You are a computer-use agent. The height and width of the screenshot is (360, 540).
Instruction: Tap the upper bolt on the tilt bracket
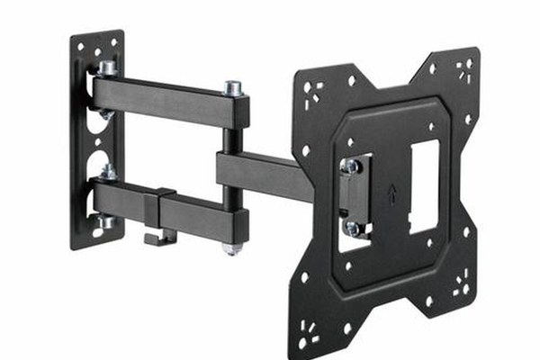350,166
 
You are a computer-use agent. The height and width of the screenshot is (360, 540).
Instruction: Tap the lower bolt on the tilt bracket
351,227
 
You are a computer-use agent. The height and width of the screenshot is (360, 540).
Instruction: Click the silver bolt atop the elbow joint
232,88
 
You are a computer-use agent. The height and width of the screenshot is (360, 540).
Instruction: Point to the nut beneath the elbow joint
232,247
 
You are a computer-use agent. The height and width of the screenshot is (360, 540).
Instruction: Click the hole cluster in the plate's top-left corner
313,91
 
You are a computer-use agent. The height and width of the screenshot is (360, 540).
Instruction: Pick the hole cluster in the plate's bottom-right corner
461,288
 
